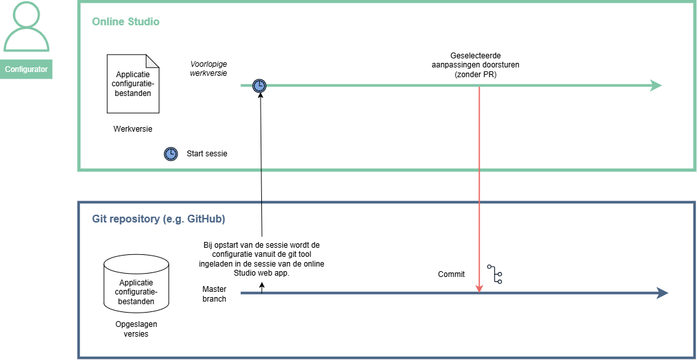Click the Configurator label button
[x=26, y=69]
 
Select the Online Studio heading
[x=126, y=21]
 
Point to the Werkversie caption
[x=134, y=129]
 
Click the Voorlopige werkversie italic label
[x=209, y=69]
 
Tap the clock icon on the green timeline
[x=259, y=86]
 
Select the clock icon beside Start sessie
[x=171, y=154]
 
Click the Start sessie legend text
[x=207, y=154]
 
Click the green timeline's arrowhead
[x=656, y=86]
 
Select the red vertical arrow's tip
[x=479, y=292]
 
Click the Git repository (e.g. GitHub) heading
[x=159, y=219]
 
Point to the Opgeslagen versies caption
[x=136, y=329]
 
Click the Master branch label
[x=214, y=294]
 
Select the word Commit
[x=452, y=274]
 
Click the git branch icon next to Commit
[x=495, y=274]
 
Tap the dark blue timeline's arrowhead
[x=663, y=293]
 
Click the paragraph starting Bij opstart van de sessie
[x=262, y=259]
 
